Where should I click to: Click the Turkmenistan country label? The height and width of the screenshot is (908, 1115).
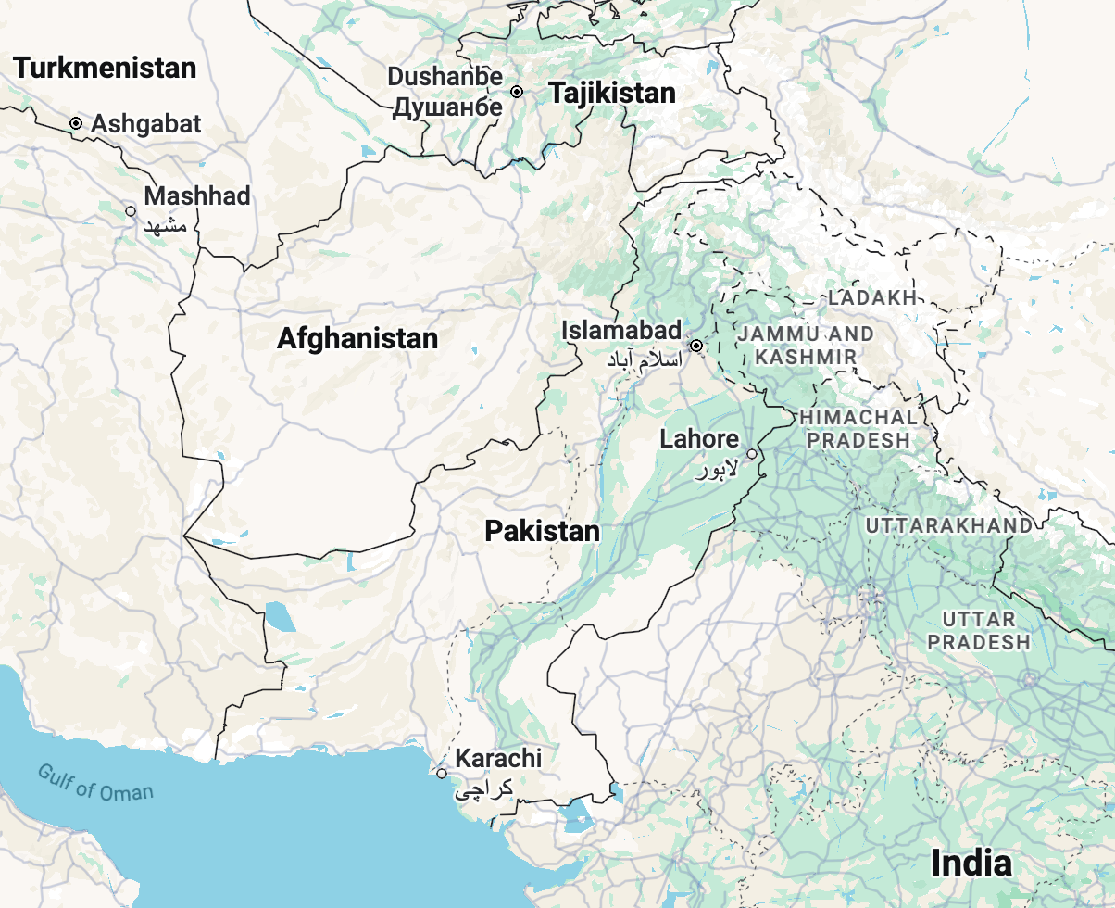(x=106, y=68)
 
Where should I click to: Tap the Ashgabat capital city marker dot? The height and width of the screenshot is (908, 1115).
(x=76, y=123)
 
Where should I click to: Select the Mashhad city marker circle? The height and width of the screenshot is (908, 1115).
(x=131, y=211)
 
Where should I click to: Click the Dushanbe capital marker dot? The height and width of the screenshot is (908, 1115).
(x=517, y=92)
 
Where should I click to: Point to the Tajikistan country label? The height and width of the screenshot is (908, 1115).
(x=612, y=93)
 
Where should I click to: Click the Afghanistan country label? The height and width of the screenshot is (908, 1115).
(x=357, y=338)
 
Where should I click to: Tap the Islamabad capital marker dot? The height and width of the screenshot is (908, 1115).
(x=696, y=346)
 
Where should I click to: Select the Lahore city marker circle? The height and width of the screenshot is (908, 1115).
(x=752, y=454)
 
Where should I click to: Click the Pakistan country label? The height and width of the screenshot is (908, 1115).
(x=543, y=531)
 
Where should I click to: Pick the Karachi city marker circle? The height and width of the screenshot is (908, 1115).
(x=442, y=774)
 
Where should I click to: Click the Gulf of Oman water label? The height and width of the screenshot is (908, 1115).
(x=95, y=782)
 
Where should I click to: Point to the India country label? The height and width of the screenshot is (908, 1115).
(x=971, y=863)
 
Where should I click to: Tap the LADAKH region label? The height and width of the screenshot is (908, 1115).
(x=872, y=297)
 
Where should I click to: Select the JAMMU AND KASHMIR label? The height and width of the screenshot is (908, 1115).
(x=806, y=345)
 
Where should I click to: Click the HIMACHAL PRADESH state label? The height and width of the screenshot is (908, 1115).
(x=858, y=429)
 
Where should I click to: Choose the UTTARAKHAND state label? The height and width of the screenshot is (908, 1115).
(x=949, y=525)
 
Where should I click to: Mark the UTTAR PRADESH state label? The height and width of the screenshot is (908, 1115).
(x=979, y=630)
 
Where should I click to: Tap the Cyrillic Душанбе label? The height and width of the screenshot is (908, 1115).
(x=447, y=107)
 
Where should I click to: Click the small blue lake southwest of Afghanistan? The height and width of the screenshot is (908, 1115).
(x=281, y=615)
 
